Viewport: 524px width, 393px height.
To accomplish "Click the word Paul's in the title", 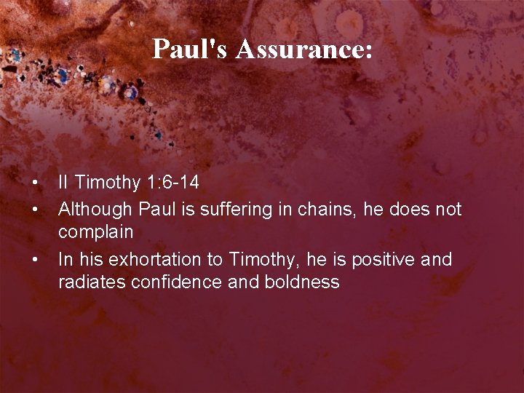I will pos(191,49).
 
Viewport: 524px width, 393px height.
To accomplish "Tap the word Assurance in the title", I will pos(303,49).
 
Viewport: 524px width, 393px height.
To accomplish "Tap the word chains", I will pos(318,210).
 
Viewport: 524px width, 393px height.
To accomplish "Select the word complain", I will pos(95,233).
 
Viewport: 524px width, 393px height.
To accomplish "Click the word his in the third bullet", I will pos(85,259).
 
